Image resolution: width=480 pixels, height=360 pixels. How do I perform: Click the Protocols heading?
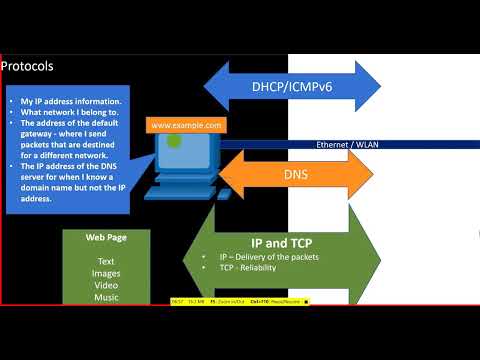[x=27, y=67]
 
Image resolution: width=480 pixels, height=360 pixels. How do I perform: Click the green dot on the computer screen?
[x=174, y=142]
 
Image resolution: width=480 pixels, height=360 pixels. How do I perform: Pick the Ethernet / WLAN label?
[x=347, y=145]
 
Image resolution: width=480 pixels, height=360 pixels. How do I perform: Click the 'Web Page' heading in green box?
[x=105, y=237]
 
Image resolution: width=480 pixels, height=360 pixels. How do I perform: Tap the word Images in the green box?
[x=105, y=272]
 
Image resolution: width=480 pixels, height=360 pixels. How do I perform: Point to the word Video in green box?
[x=105, y=284]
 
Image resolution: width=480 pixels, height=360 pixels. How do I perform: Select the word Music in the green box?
[x=105, y=296]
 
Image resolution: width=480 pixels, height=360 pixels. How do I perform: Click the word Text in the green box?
[x=105, y=260]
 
